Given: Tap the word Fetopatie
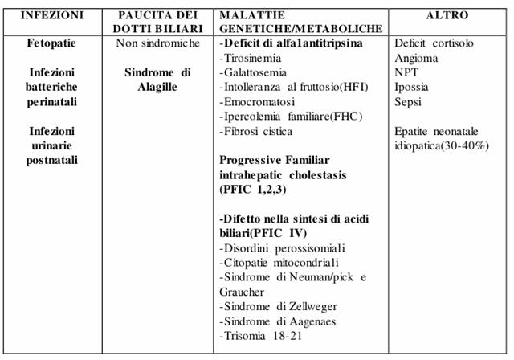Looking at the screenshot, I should [x=51, y=43].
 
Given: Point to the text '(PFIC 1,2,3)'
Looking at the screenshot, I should [x=255, y=190].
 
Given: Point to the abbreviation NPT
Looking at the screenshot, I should [x=407, y=72].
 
